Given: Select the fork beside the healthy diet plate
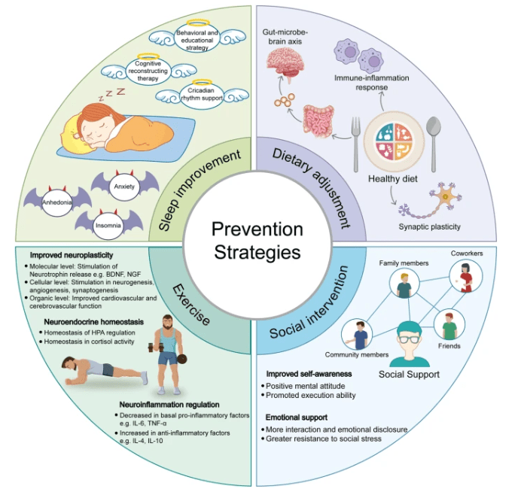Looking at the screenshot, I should coord(354,135).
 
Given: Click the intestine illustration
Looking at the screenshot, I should coord(319,123).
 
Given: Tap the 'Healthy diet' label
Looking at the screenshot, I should coord(393,179).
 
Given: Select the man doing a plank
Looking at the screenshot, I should coord(105,370).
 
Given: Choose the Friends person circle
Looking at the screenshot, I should coord(452,326).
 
